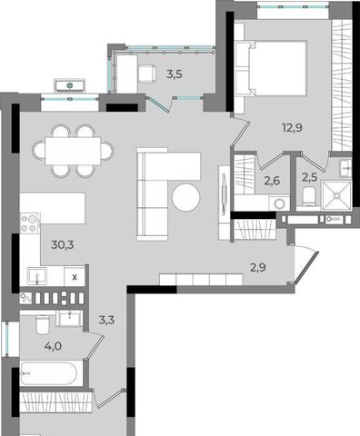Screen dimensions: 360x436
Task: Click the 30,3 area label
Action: [x=63, y=244]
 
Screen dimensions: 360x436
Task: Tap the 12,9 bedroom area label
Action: [x=293, y=128]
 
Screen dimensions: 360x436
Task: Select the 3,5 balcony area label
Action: [x=175, y=74]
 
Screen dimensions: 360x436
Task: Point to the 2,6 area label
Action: [x=272, y=181]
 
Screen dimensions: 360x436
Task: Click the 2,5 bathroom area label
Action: [x=310, y=177]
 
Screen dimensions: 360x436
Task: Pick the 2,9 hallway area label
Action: [x=258, y=268]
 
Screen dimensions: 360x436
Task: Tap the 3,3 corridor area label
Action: [x=106, y=320]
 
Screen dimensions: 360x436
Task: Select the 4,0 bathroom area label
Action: [x=53, y=346]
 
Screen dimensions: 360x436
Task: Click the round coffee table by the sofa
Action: [x=186, y=197]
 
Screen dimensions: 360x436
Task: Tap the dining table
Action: [x=73, y=151]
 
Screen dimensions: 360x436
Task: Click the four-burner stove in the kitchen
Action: [x=29, y=223]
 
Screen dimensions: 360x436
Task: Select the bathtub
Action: [x=48, y=373]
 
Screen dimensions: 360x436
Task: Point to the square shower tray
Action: [x=336, y=195]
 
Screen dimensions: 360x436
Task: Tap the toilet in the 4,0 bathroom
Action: [x=43, y=324]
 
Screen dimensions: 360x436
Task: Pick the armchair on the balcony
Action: [x=147, y=74]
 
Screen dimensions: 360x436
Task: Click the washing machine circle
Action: [x=279, y=203]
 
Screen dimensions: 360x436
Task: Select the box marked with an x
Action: [x=75, y=277]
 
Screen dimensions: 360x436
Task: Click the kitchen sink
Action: [x=37, y=276]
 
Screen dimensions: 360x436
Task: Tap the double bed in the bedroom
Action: [x=272, y=68]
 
